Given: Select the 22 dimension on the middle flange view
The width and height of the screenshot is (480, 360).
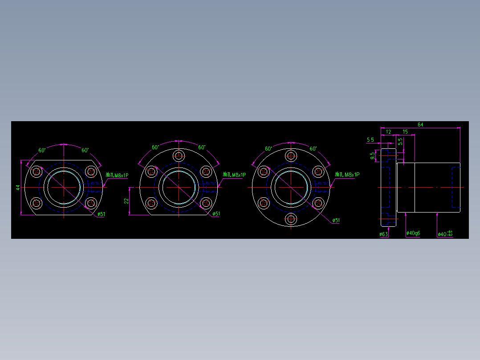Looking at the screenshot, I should [126, 201].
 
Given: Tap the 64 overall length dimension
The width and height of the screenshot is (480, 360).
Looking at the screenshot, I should [420, 125].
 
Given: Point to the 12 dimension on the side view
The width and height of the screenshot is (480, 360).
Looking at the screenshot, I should [388, 132].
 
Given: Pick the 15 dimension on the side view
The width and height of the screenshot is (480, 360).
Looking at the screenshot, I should [405, 132].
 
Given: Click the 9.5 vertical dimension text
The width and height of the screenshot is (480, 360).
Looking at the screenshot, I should [373, 156].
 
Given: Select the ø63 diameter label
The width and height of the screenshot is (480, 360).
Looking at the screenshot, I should [383, 234].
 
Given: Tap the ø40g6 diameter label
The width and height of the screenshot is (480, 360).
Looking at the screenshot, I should [413, 233].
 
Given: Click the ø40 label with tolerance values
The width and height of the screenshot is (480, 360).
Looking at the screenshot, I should [445, 234].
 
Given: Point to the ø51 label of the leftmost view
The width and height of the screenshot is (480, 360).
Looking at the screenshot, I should [101, 214].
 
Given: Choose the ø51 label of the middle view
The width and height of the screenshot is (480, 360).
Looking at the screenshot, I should [216, 214].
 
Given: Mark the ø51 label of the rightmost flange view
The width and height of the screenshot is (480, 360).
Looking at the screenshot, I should [336, 220].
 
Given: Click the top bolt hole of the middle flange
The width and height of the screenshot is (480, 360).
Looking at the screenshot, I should [179, 155].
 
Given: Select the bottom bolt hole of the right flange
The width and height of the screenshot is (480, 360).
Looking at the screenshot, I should [292, 219].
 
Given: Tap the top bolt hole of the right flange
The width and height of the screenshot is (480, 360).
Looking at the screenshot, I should [292, 156].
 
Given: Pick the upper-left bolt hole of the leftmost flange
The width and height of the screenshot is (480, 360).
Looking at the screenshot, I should [36, 172].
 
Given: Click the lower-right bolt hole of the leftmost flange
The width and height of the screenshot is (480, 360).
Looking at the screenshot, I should [91, 204].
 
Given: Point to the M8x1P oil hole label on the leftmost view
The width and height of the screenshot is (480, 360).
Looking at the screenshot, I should [117, 176].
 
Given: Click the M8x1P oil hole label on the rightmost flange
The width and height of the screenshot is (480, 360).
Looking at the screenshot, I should [347, 175].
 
